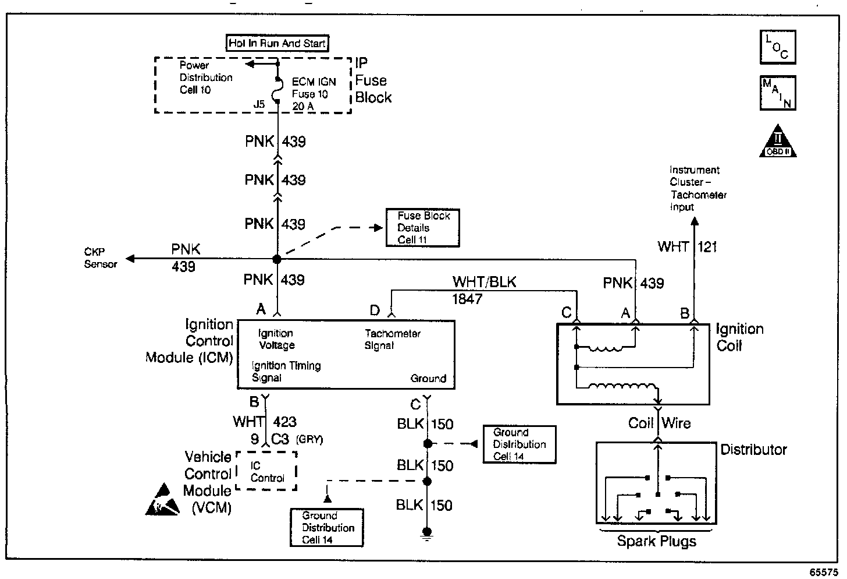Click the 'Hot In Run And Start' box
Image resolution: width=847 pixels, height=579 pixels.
point(277,43)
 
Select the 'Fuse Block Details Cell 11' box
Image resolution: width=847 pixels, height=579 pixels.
point(423,228)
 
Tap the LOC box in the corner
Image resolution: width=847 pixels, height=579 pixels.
point(778,47)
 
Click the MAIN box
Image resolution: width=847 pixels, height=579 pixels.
point(778,93)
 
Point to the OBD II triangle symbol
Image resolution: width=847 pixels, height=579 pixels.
point(778,142)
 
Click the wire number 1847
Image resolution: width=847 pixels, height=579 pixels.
point(467,299)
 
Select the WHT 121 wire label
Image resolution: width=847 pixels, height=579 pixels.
point(687,247)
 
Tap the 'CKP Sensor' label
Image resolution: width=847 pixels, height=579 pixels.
point(101,258)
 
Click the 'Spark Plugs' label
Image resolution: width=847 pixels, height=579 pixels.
point(656,542)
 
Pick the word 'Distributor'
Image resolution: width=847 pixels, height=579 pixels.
point(753,450)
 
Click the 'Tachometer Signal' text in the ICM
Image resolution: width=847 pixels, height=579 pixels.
point(392,340)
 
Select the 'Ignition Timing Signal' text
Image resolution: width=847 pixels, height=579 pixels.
point(286,372)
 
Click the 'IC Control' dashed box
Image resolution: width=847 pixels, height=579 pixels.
point(267,471)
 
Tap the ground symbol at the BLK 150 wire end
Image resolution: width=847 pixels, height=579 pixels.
point(427,534)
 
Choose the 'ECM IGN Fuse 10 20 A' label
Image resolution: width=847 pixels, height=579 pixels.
point(314,94)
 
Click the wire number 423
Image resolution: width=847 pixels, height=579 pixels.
point(284,422)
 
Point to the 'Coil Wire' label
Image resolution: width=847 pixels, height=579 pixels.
point(659,423)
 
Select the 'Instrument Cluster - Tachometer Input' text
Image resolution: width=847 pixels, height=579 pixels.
point(697,188)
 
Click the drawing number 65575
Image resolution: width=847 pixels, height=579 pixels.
point(824,572)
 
